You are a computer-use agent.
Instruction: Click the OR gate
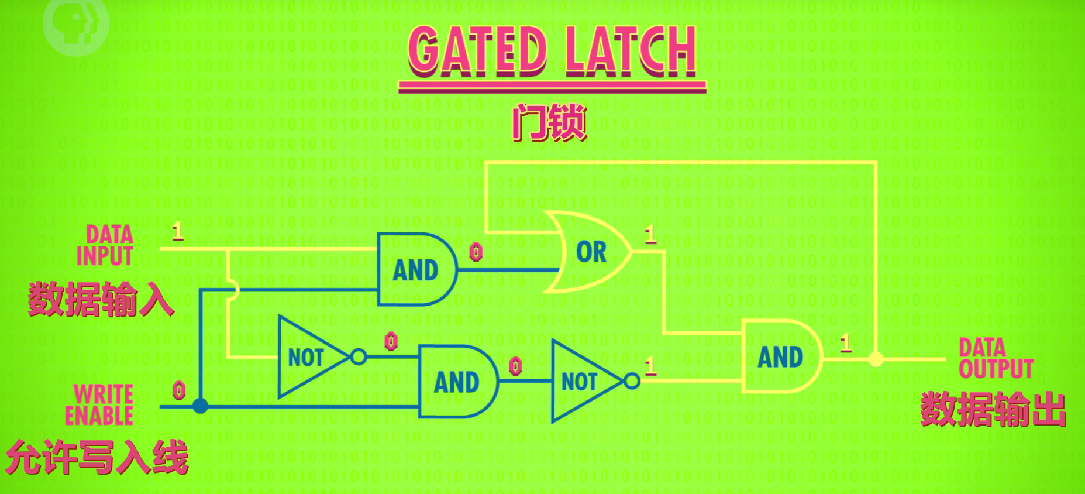[588, 252]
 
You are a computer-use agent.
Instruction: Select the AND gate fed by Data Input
[416, 270]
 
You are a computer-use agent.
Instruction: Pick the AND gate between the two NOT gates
[457, 382]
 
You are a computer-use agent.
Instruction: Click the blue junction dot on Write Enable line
[200, 406]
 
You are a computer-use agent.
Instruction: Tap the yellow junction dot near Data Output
[876, 359]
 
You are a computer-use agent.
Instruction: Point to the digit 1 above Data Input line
[178, 232]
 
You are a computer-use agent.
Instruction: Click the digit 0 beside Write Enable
[179, 389]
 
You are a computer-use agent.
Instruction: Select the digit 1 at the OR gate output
[650, 235]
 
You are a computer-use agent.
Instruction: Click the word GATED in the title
[477, 52]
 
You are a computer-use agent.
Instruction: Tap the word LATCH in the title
[631, 52]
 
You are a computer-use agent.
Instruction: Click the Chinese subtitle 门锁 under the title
[549, 123]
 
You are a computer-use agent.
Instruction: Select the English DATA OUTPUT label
[996, 358]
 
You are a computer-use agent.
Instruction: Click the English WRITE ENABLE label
[99, 404]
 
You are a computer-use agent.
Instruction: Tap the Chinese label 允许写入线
[97, 457]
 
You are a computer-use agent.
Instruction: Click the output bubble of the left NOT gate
[359, 356]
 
